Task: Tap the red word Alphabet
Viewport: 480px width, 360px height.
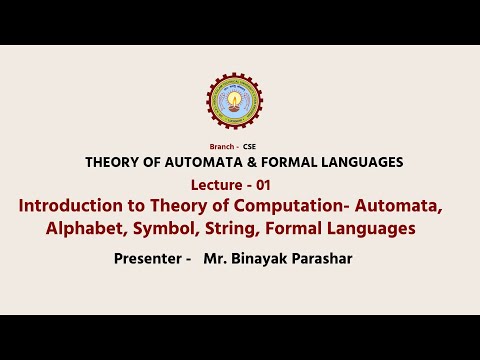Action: pyautogui.click(x=83, y=229)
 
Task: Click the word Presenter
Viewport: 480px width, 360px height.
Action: pyautogui.click(x=148, y=260)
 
